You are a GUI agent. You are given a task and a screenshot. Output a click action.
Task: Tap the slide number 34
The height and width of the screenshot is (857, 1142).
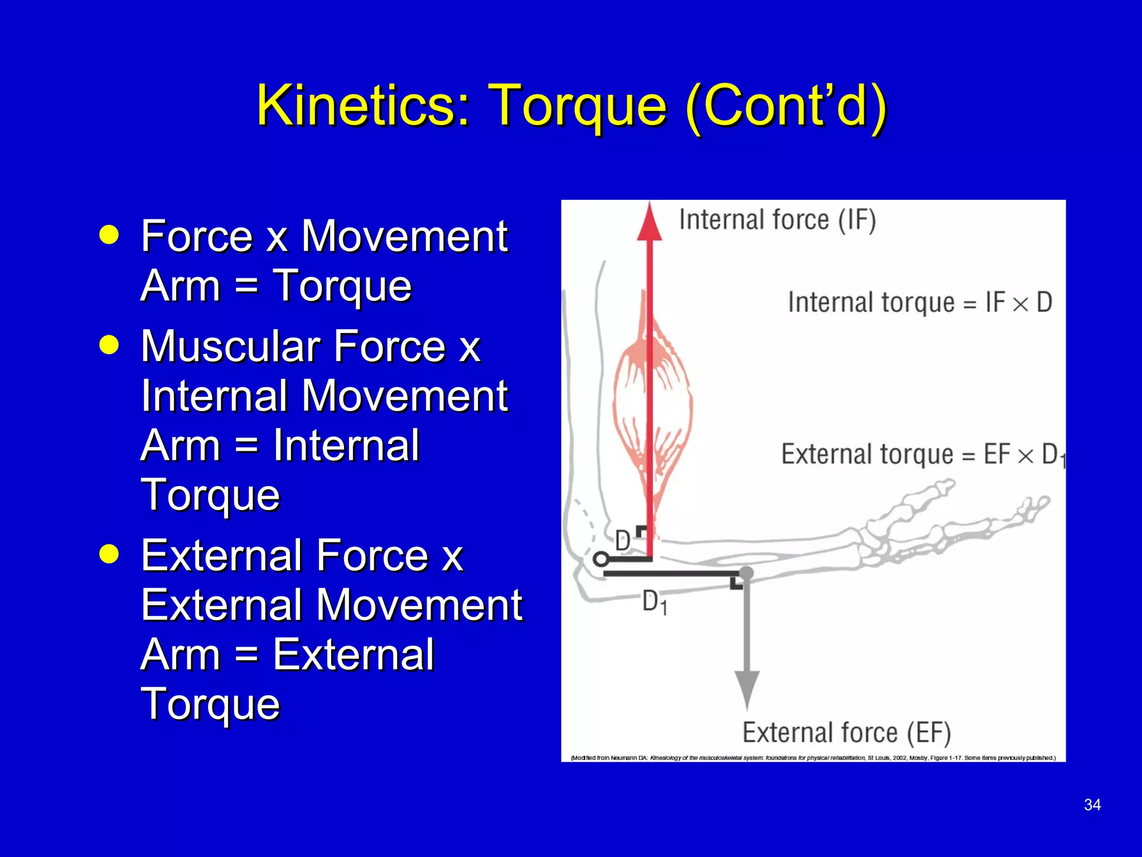[x=1092, y=805]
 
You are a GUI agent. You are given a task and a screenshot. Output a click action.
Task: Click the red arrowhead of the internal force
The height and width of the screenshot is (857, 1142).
[x=650, y=222]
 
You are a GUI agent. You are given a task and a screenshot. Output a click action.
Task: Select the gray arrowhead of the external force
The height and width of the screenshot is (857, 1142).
[x=747, y=689]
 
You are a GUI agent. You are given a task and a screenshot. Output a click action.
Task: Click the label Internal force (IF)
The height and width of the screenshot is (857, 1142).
[x=777, y=220]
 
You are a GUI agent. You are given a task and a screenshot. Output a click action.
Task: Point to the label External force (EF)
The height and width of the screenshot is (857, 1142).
[x=846, y=733]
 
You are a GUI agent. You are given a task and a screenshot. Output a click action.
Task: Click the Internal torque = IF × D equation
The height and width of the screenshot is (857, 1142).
[x=920, y=303]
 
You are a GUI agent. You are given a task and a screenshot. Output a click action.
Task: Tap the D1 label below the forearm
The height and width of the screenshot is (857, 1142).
[x=654, y=603]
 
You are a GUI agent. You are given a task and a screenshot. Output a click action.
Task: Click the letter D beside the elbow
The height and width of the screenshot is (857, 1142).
[x=622, y=541]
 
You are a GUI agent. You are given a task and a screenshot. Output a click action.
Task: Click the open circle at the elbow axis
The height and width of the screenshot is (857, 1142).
[x=601, y=559]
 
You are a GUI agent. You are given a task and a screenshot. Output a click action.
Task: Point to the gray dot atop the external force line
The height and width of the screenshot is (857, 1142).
[x=746, y=572]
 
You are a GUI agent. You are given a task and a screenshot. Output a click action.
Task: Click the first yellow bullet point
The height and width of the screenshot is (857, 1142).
[x=109, y=235]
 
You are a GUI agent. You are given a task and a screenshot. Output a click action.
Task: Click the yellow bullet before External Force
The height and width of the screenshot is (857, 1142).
[x=109, y=554]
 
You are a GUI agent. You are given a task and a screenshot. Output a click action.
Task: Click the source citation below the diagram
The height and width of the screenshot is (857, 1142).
[x=813, y=758]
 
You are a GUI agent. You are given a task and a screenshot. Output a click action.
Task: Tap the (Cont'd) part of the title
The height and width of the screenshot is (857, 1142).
[x=786, y=105]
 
